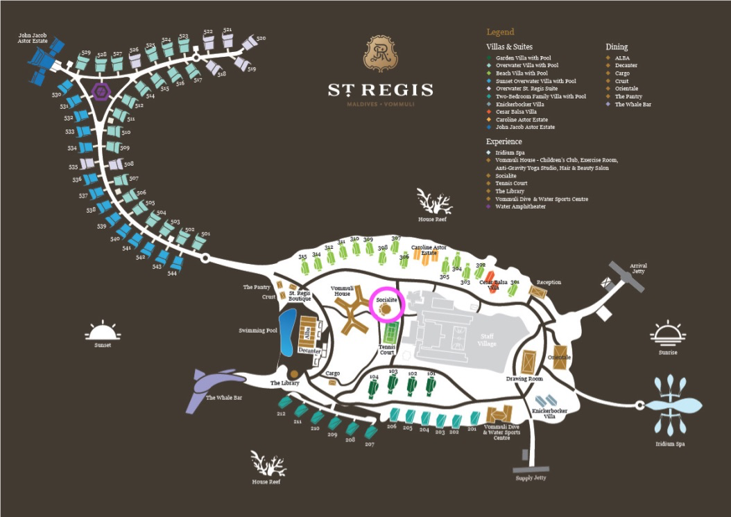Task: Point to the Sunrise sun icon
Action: coord(668,333)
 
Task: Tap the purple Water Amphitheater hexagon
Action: coord(101,91)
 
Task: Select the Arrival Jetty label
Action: coord(638,268)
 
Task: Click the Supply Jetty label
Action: coord(531,478)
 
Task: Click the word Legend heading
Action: coord(500,32)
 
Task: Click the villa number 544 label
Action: coord(172,273)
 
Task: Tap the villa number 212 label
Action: coord(280,414)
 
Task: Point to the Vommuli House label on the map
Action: coord(341,290)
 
